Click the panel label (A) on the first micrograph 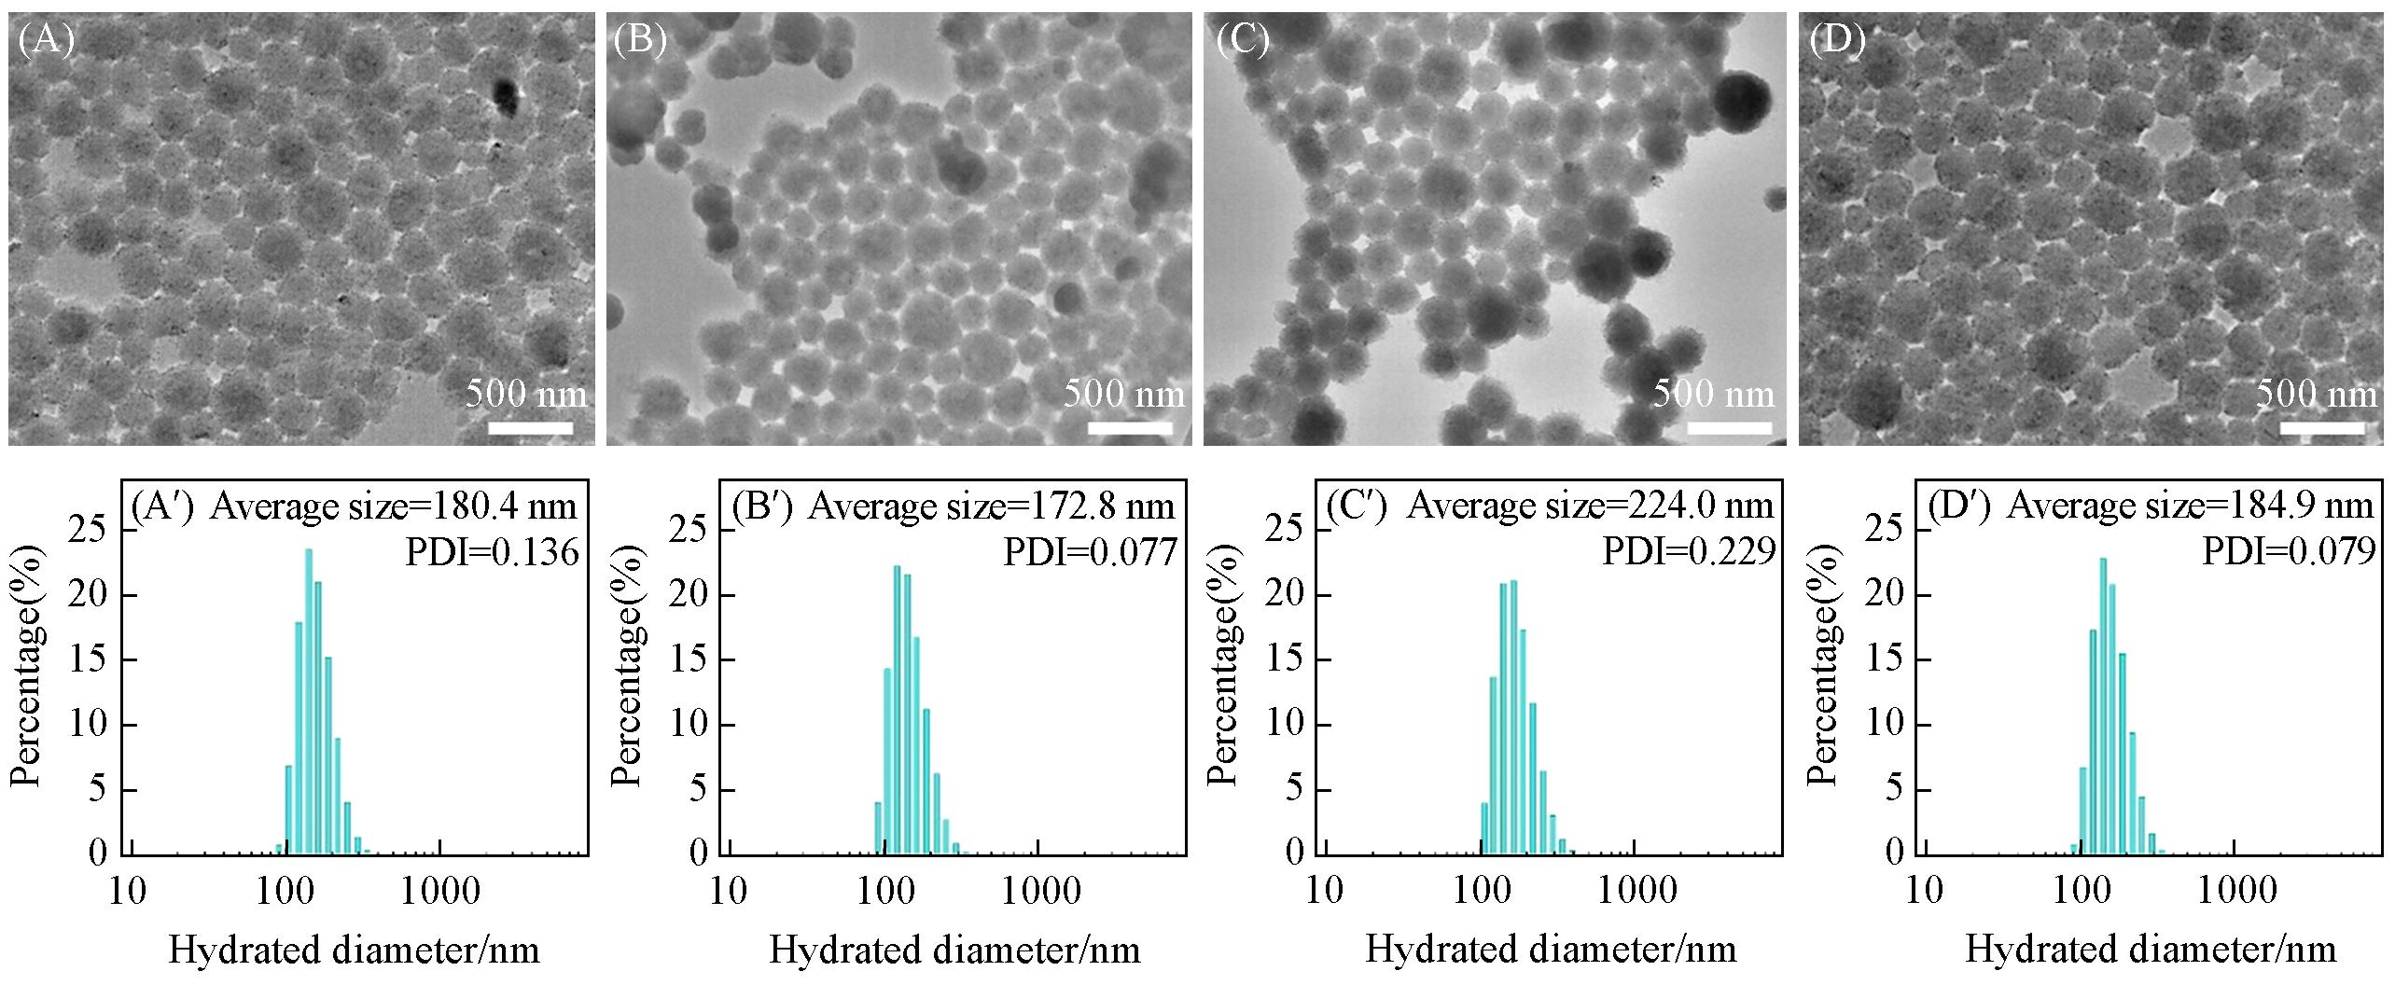[47, 41]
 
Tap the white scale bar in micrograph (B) [1130, 428]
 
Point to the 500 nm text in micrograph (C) [1714, 394]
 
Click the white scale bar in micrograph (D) [2322, 428]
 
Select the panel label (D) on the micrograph [1837, 41]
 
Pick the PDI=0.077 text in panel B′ [1090, 553]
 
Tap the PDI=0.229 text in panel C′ [1689, 553]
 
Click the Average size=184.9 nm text [2190, 506]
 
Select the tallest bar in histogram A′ [309, 701]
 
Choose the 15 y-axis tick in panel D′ [1885, 659]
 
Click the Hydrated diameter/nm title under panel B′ [954, 950]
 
